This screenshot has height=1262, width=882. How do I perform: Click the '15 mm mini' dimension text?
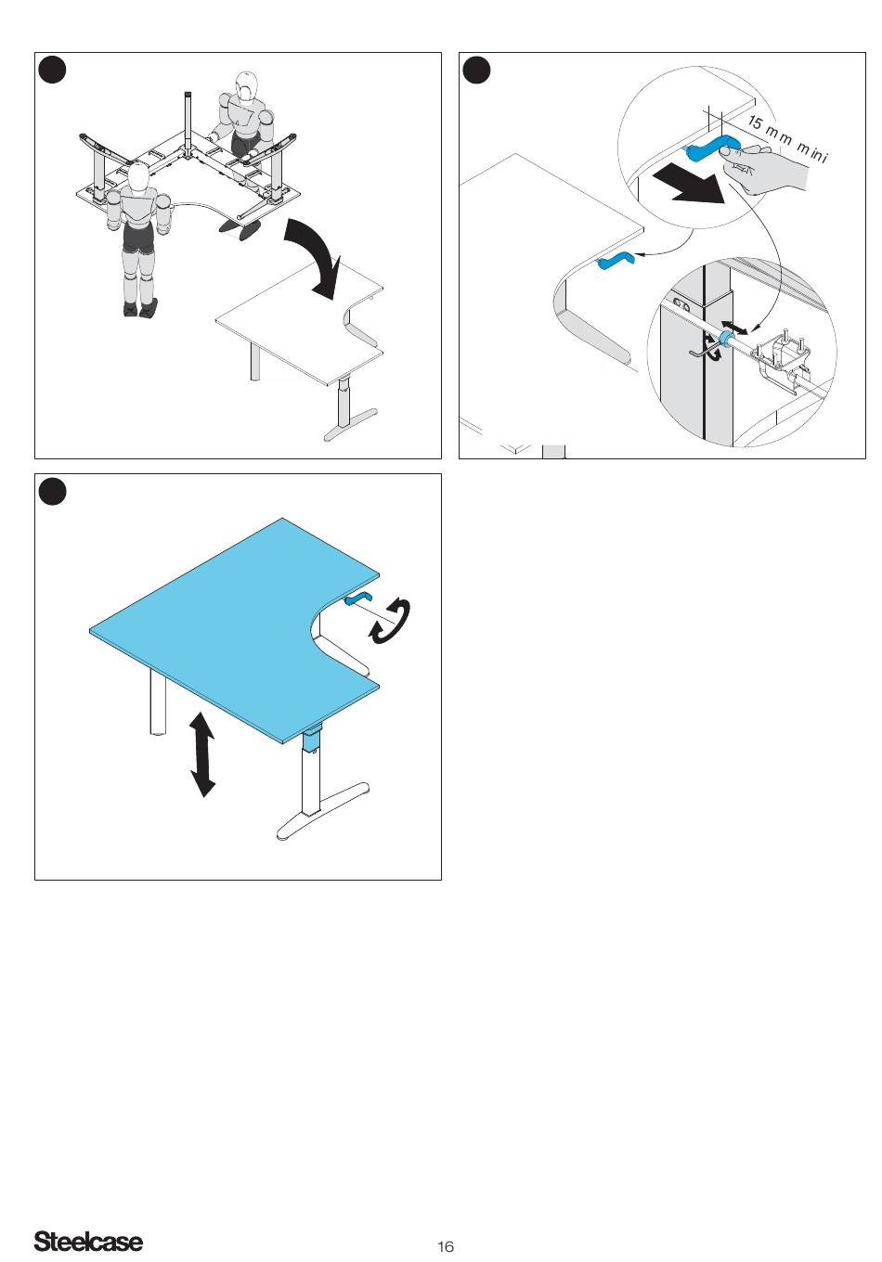click(787, 138)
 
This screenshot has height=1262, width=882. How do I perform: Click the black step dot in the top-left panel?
click(52, 70)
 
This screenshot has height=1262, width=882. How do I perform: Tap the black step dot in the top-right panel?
click(476, 70)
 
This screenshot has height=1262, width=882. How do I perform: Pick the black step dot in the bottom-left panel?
click(52, 491)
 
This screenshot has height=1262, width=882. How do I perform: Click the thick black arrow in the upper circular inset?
click(688, 187)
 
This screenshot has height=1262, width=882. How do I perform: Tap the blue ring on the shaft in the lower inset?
click(725, 339)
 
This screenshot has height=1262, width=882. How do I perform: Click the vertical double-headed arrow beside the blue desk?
click(203, 754)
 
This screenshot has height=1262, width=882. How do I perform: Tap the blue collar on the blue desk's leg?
click(310, 740)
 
